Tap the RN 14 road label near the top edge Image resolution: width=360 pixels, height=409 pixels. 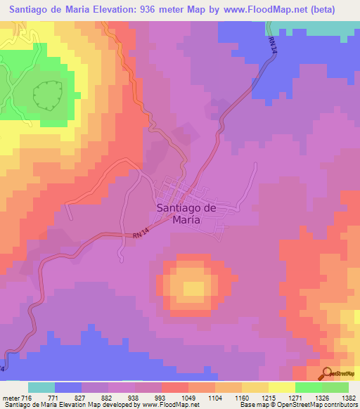272,43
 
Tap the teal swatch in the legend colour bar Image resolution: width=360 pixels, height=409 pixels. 41,387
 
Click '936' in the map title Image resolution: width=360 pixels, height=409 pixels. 160,10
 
